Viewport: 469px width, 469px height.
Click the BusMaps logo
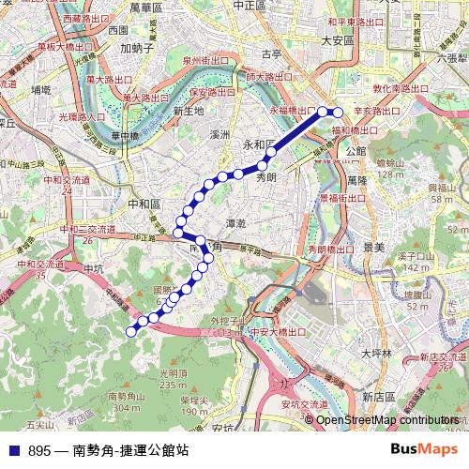430,449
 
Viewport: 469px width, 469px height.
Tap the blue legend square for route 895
13,450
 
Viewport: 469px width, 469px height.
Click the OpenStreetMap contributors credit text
387,420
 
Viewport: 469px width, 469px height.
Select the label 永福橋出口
295,111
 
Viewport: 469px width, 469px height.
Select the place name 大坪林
380,354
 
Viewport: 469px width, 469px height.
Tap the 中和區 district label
144,204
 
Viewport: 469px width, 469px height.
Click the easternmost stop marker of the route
340,113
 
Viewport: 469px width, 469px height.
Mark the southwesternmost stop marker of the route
131,329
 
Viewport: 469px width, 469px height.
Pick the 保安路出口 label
210,93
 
